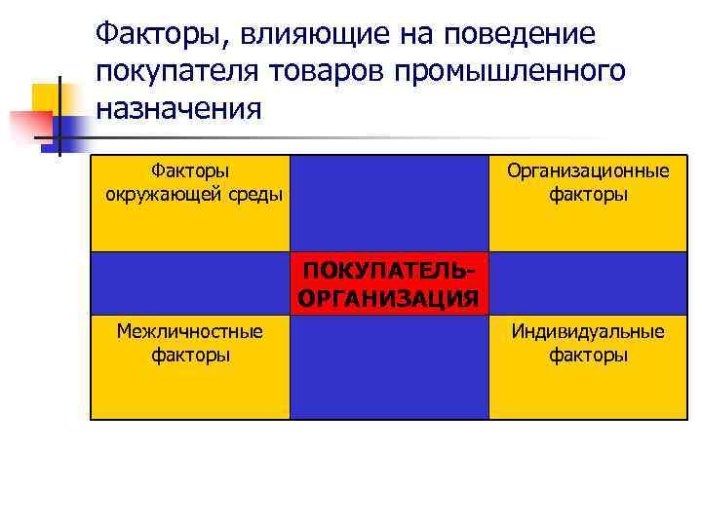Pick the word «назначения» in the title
(178, 105)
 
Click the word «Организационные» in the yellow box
(588, 171)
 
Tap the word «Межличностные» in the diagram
(190, 331)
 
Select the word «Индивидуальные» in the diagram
(588, 331)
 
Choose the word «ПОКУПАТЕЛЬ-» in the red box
(389, 269)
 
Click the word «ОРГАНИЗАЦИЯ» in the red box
(389, 296)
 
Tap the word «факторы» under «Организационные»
(588, 195)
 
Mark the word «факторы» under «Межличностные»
(190, 355)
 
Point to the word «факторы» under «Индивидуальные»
(588, 355)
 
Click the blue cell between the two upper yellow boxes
(389, 202)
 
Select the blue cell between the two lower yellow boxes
(389, 367)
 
